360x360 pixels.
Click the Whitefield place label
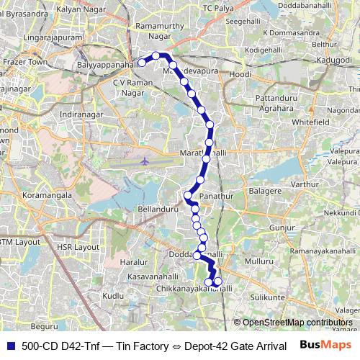tap(310, 122)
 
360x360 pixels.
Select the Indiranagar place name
tap(81, 114)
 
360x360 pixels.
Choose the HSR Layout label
tap(77, 246)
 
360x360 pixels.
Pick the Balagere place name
tap(265, 191)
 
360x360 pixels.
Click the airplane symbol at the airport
tap(145, 161)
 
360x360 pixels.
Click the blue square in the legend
tap(10, 346)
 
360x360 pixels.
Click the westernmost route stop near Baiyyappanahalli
tap(142, 63)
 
